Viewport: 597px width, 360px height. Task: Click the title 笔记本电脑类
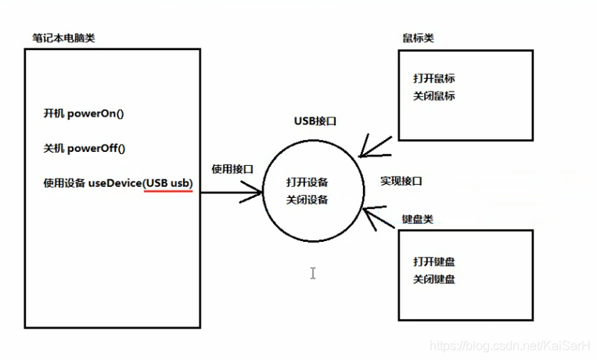click(x=64, y=38)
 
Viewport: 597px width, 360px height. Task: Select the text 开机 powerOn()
click(x=84, y=113)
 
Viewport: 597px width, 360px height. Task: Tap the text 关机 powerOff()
click(x=84, y=149)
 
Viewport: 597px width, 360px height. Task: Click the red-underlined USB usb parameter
click(x=168, y=184)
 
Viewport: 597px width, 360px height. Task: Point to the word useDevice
click(x=114, y=184)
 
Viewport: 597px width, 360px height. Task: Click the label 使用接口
click(x=232, y=169)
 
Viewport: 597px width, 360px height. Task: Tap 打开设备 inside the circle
click(x=307, y=182)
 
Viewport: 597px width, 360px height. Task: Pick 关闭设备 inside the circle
click(x=307, y=200)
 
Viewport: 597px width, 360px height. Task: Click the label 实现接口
click(x=401, y=181)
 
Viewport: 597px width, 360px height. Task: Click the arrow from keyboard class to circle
click(x=379, y=216)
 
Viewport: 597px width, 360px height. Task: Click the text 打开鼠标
click(x=434, y=79)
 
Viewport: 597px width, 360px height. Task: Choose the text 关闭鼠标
click(x=434, y=96)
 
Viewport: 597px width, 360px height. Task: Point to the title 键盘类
click(x=417, y=219)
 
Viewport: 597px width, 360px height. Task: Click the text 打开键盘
click(x=434, y=261)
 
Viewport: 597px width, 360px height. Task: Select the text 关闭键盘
click(x=434, y=279)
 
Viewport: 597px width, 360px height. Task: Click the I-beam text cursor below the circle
click(x=312, y=273)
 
